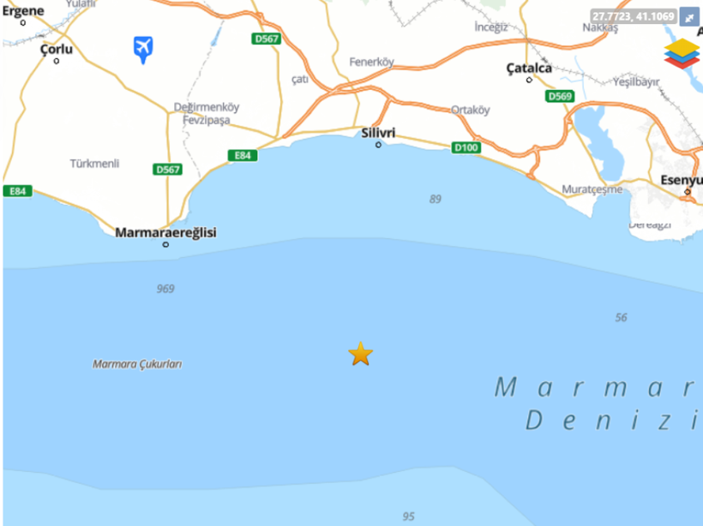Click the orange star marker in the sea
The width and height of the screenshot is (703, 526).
361,354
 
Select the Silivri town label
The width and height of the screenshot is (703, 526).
378,132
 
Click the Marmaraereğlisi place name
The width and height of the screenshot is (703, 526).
165,232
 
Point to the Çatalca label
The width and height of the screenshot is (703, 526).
528,68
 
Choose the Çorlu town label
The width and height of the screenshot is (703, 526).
57,50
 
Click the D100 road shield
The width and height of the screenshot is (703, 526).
466,148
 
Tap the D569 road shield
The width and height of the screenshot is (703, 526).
559,96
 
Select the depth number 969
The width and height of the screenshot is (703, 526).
165,289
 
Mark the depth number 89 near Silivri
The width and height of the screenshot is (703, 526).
436,199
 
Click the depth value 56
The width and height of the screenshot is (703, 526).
621,318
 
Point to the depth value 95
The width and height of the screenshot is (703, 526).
408,517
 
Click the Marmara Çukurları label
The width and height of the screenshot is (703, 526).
137,364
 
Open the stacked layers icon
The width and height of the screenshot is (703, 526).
682,52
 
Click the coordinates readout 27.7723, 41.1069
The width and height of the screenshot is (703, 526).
633,15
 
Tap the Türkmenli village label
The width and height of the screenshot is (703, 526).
94,164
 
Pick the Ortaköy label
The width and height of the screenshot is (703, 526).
471,110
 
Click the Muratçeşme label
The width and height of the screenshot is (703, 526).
592,188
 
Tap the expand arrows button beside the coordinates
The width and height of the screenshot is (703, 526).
689,16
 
